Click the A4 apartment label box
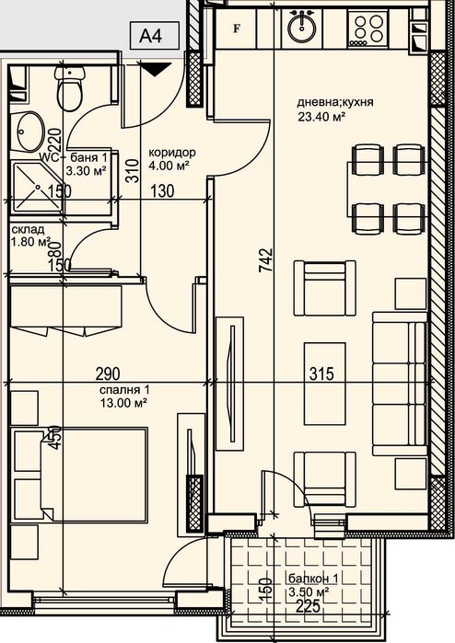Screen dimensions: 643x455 [151, 37]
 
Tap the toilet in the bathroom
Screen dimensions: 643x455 [70, 89]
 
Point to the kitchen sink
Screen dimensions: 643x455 [300, 27]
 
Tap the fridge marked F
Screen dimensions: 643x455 [238, 27]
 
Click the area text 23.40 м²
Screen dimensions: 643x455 [321, 117]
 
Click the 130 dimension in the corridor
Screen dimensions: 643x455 [161, 191]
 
